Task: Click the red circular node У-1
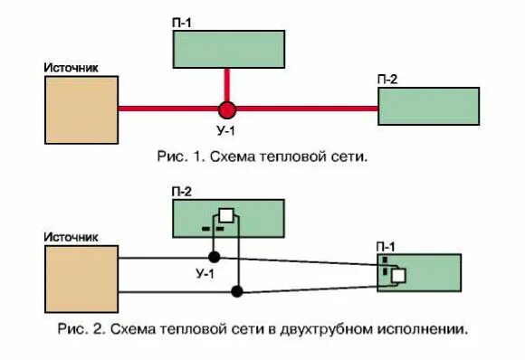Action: click(226, 109)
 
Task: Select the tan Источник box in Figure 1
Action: click(81, 109)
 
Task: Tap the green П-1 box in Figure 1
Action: click(228, 49)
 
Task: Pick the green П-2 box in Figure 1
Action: click(428, 106)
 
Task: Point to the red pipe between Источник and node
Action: click(167, 109)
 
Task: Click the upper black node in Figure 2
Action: click(215, 258)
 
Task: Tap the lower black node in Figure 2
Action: click(237, 291)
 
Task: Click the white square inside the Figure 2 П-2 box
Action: click(226, 215)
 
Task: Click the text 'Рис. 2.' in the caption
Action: click(80, 329)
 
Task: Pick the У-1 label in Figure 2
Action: click(205, 272)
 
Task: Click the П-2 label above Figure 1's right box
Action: click(387, 80)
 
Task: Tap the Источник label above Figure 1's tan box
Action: click(71, 67)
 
